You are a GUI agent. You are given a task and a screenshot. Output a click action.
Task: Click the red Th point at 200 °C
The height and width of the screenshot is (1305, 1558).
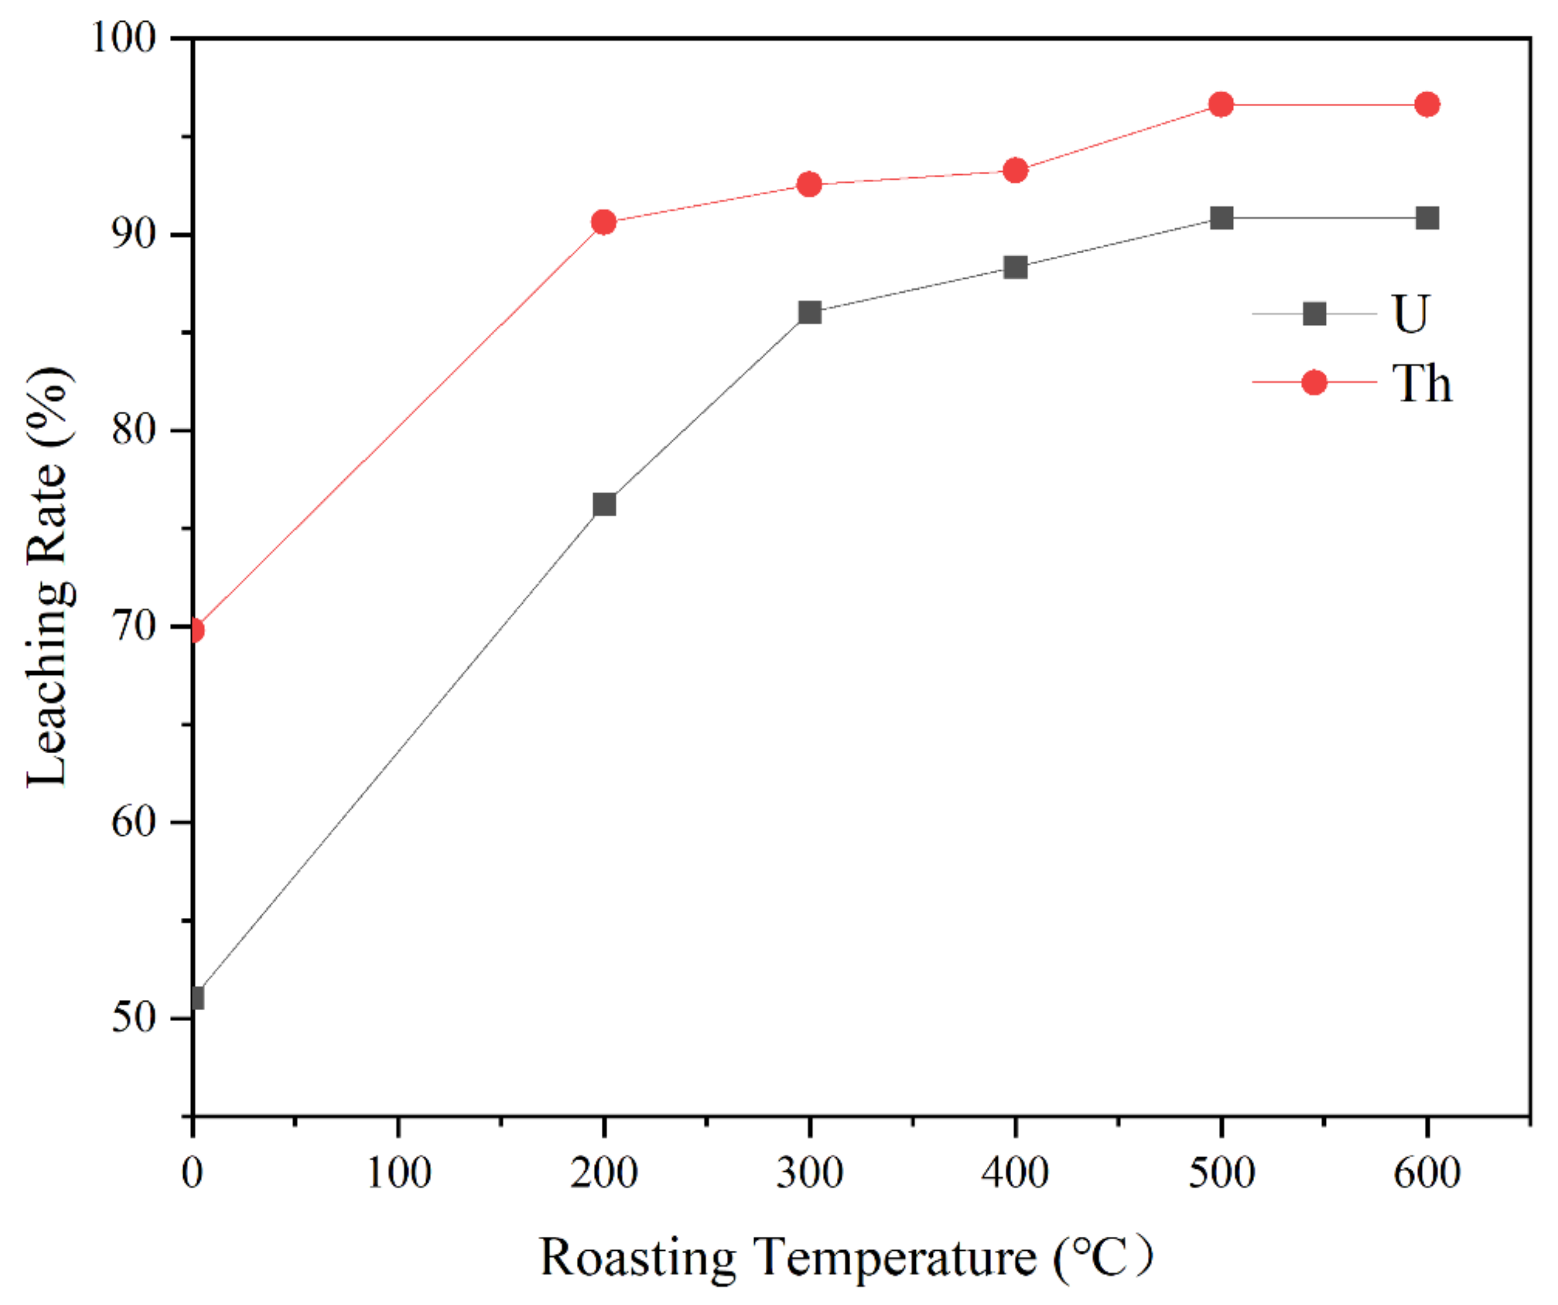click(x=604, y=222)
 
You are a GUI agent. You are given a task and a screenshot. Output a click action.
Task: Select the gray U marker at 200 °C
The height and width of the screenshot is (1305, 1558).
click(x=604, y=505)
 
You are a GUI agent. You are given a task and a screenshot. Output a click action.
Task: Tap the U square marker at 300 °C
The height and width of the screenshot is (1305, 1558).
click(x=809, y=312)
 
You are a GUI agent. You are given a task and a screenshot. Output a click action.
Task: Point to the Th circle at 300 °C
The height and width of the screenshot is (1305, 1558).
click(x=809, y=184)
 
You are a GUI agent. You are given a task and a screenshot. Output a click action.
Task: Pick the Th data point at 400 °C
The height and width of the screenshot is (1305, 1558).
click(x=1015, y=171)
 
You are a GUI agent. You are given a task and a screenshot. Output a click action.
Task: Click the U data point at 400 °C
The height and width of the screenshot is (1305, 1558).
click(x=1015, y=267)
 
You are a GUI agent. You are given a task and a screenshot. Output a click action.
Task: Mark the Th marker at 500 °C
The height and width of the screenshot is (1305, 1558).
click(x=1221, y=104)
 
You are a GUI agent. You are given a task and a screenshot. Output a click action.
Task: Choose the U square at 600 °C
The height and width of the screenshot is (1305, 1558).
click(x=1427, y=218)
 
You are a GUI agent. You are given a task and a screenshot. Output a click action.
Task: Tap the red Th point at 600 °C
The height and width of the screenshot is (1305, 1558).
click(x=1427, y=104)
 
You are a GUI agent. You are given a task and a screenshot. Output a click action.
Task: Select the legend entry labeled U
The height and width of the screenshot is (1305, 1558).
click(x=1410, y=314)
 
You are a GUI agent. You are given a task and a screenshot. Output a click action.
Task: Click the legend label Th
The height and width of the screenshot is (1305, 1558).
click(x=1421, y=383)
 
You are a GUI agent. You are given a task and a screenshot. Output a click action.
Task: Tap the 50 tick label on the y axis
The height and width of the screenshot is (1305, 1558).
click(x=133, y=1018)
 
